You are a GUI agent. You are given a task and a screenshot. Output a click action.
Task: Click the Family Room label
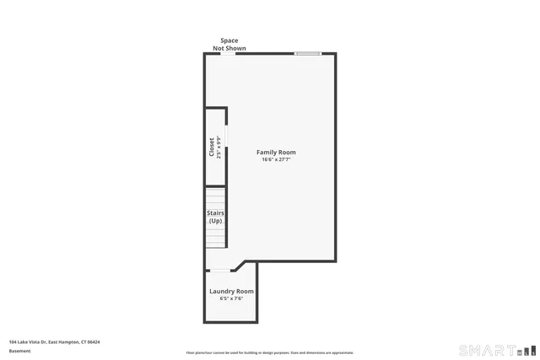[276, 153]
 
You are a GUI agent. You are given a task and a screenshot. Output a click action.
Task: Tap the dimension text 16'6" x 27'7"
[276, 159]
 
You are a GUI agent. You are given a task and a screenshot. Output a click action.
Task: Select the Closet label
[212, 147]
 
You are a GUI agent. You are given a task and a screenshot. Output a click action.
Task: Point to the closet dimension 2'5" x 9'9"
[219, 147]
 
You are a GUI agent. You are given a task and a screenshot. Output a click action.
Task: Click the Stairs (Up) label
[215, 217]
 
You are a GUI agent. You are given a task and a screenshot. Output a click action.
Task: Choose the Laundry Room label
[231, 292]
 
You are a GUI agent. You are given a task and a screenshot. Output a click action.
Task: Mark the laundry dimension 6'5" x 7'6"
[231, 298]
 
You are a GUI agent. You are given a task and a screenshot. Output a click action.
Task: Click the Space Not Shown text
[229, 44]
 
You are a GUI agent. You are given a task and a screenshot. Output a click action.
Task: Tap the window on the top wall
[308, 54]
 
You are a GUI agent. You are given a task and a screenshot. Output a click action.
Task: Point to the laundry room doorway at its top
[222, 270]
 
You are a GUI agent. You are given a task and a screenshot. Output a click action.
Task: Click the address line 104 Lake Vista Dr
[55, 341]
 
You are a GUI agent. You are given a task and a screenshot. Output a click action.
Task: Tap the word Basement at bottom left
[19, 351]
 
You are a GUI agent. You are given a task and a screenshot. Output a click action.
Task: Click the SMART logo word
[488, 350]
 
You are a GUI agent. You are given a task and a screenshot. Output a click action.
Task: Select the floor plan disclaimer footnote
[270, 352]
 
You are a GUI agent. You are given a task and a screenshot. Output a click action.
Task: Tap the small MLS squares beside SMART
[526, 350]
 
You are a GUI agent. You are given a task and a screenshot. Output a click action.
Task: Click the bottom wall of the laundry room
[229, 322]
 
